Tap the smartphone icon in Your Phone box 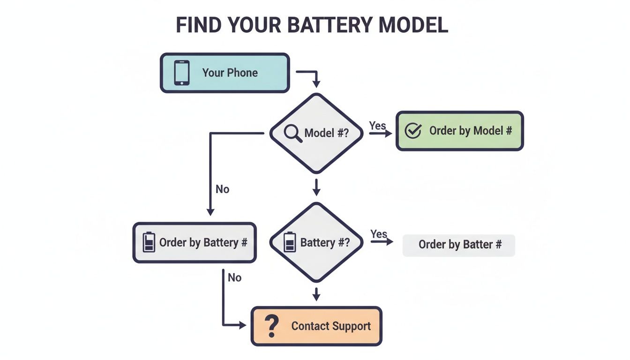182,73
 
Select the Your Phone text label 230,73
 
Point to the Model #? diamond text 326,133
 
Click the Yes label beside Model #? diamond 377,126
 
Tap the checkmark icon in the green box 412,131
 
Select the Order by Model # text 470,131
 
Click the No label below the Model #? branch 222,189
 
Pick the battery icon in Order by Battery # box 149,242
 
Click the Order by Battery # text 203,242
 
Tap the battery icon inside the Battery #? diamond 290,242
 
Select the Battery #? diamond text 325,242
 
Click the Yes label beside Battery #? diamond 379,233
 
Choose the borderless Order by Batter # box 459,245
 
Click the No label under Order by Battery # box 234,277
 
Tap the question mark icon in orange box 271,326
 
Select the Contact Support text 331,326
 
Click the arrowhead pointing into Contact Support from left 243,325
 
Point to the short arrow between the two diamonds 316,187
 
